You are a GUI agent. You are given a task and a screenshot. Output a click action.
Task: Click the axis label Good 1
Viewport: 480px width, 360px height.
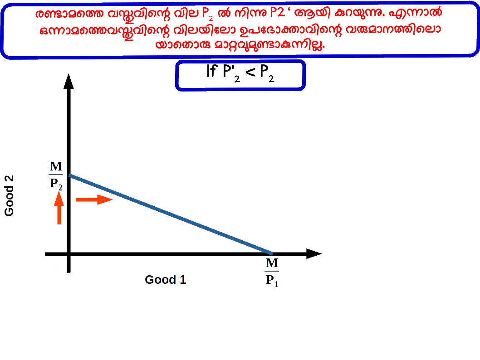click(165, 280)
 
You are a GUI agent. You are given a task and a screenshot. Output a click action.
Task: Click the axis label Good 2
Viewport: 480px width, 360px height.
click(10, 196)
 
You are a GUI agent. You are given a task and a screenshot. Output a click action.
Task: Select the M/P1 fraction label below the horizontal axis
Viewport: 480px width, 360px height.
click(272, 272)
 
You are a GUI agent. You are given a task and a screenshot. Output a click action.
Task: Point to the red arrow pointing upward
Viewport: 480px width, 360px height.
click(59, 208)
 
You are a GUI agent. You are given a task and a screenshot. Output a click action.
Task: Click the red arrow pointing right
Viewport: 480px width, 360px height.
click(93, 199)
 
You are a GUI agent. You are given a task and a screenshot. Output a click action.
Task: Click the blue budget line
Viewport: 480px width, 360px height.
click(171, 214)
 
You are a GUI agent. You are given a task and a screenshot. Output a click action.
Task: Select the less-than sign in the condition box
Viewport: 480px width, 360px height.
click(250, 73)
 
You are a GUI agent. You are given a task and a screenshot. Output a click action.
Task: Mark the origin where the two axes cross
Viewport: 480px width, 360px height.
click(69, 254)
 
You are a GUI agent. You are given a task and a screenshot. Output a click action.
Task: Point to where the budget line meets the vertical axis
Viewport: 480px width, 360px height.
click(69, 175)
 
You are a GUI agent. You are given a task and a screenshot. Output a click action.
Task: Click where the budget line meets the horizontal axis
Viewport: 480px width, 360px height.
click(272, 253)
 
